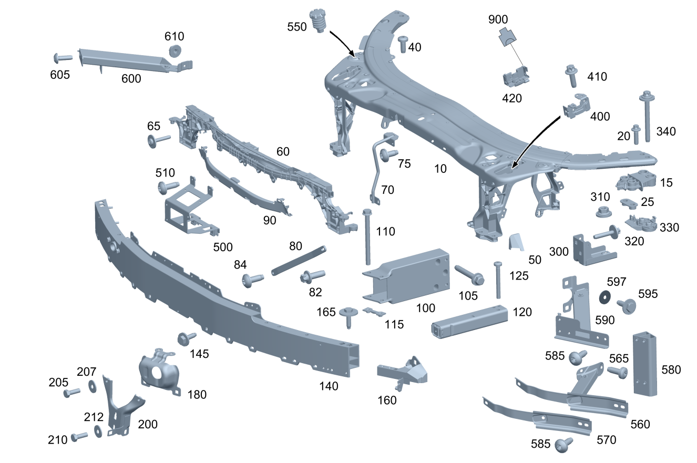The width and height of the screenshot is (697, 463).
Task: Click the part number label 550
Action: [296, 27]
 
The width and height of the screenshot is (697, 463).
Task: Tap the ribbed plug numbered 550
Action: [317, 21]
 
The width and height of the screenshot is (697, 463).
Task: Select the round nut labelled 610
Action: [175, 51]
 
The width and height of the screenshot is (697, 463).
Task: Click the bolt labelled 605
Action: [63, 58]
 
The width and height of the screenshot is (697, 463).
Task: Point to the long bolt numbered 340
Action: [647, 116]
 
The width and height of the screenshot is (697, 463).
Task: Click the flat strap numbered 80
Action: [299, 261]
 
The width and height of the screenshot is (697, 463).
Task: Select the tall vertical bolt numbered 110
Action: [367, 237]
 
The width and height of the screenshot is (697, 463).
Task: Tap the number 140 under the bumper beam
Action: [329, 386]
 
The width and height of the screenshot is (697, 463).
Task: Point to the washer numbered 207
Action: [93, 386]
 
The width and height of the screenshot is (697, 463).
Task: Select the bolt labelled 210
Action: [79, 437]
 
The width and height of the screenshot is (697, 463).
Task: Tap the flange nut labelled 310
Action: [603, 212]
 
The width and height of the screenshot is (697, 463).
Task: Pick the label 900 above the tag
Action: [498, 19]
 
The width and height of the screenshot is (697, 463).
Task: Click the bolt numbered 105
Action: [470, 275]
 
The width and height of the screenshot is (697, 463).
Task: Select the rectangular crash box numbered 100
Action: [406, 276]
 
